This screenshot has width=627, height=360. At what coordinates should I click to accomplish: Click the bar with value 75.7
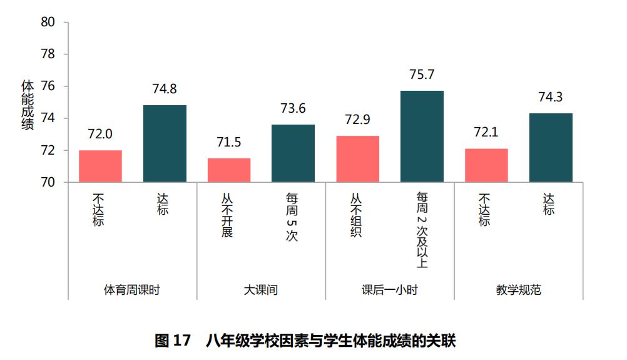422,136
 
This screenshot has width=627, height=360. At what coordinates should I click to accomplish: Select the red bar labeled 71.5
229,170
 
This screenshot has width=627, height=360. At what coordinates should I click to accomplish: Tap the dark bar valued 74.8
165,144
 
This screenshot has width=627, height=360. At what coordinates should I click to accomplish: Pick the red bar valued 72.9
357,159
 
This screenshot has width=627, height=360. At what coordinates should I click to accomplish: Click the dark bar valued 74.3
551,148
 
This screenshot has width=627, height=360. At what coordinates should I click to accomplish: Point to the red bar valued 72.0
100,167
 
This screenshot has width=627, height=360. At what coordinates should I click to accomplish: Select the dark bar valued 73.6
293,153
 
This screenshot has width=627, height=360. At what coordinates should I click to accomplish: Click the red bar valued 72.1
486,165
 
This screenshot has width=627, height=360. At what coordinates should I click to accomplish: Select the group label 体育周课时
132,290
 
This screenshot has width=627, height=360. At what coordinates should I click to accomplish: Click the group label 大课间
261,290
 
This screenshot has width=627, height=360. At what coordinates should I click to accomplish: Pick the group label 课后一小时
389,290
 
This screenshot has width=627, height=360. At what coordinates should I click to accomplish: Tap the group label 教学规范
518,290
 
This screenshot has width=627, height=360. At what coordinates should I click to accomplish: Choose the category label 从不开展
227,215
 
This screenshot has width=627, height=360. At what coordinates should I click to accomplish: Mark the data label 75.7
422,75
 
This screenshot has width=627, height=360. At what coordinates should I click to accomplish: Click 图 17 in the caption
172,341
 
